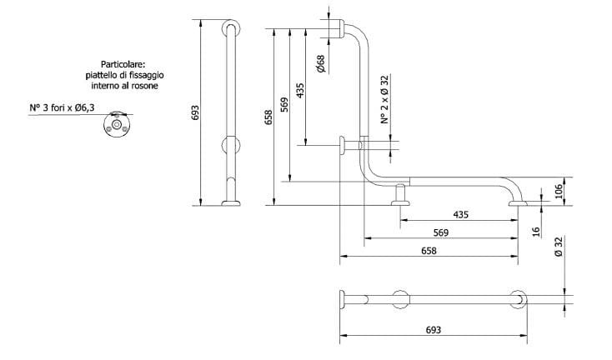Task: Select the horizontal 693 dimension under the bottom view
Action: click(x=433, y=330)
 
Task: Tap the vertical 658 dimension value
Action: click(x=268, y=118)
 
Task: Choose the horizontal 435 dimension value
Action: click(x=460, y=214)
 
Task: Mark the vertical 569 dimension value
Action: click(x=284, y=103)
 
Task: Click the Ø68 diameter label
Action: click(x=321, y=62)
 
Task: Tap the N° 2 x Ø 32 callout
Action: click(x=385, y=99)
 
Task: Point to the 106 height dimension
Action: click(x=559, y=191)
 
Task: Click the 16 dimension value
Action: click(x=536, y=230)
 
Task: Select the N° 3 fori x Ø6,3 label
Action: click(x=63, y=107)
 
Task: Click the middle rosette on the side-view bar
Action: click(x=229, y=144)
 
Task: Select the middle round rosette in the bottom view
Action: click(x=399, y=299)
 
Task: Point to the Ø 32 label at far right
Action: click(x=559, y=247)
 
